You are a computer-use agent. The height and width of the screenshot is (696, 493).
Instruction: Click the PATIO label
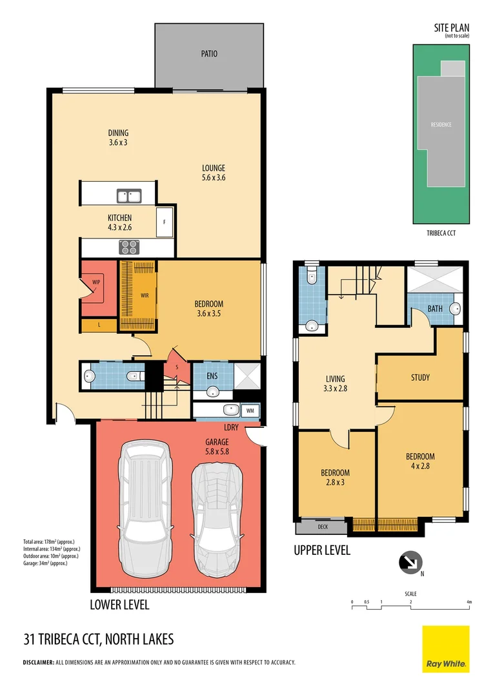click(209, 54)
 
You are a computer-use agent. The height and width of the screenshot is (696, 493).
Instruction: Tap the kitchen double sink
click(130, 195)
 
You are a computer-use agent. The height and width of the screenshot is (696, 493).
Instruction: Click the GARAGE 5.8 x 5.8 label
click(217, 447)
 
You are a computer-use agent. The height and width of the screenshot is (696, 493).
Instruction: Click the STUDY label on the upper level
click(420, 378)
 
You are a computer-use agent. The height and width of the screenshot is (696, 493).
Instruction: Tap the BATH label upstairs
click(435, 309)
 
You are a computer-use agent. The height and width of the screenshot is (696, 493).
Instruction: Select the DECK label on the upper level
click(323, 527)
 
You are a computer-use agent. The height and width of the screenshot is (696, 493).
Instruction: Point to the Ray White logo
click(446, 649)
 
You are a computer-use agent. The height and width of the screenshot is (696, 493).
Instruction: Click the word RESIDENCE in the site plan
click(441, 124)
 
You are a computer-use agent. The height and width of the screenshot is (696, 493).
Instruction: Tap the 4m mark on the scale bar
click(469, 602)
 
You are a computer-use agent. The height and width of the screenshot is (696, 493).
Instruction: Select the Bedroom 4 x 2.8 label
click(420, 460)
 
